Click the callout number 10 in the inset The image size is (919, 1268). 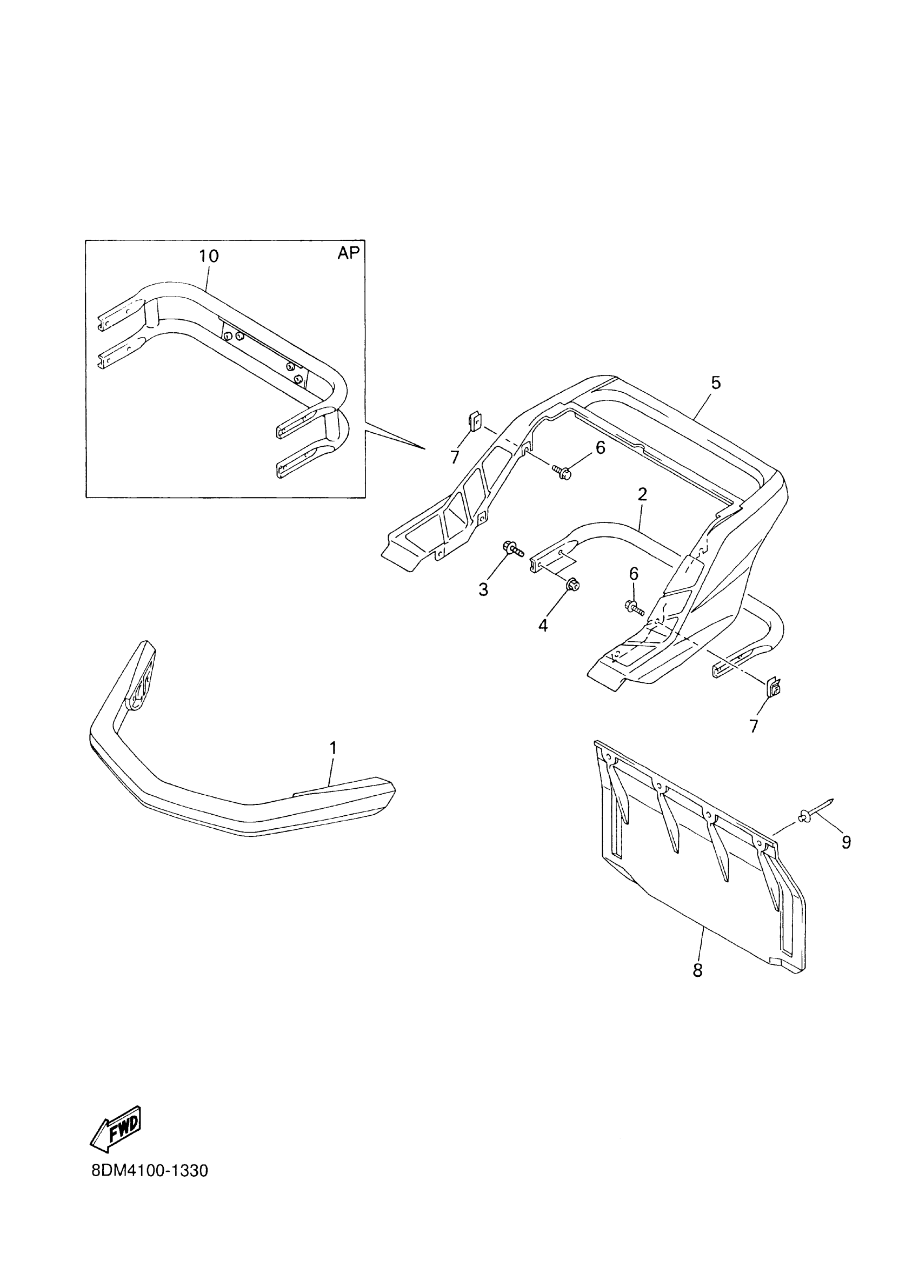coord(209,256)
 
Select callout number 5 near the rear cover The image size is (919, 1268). coord(716,383)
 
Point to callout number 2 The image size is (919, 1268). coord(642,494)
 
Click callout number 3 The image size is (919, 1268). coord(483,589)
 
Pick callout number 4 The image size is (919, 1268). coord(543,625)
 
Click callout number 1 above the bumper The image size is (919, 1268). coord(333,748)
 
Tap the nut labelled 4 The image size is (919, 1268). coord(573,585)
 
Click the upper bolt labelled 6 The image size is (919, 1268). coord(562,474)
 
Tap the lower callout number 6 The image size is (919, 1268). coord(633,574)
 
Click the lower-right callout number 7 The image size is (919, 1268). coord(754,726)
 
